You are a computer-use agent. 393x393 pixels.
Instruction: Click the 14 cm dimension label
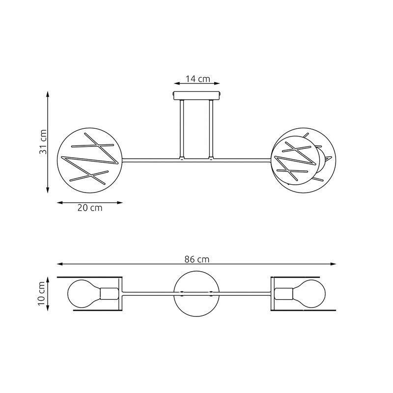click(197, 79)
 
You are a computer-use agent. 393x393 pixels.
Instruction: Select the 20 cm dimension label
click(90, 208)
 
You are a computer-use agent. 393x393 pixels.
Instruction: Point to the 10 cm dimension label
click(42, 294)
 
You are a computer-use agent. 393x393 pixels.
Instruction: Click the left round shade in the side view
click(89, 160)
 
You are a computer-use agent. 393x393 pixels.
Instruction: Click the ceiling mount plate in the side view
click(197, 95)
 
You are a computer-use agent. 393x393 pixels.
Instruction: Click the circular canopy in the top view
click(196, 294)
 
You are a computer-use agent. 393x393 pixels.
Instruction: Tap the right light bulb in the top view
click(309, 294)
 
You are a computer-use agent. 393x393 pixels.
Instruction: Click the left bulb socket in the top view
click(109, 294)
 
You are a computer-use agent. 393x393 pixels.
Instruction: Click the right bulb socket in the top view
click(284, 294)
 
